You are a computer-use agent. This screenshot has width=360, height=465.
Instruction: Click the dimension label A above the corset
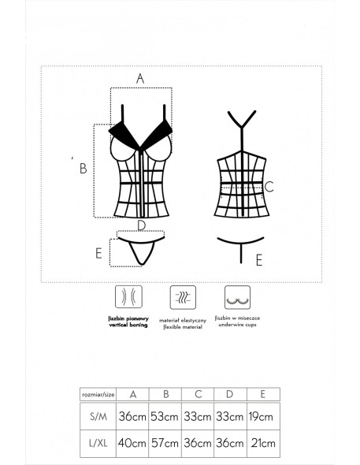[139, 77]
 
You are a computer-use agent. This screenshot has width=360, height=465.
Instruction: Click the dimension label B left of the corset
[83, 168]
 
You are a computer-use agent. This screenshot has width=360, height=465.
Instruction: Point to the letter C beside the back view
[269, 187]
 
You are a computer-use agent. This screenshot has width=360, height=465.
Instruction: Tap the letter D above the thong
[140, 225]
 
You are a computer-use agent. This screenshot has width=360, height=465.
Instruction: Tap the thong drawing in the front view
[142, 248]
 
